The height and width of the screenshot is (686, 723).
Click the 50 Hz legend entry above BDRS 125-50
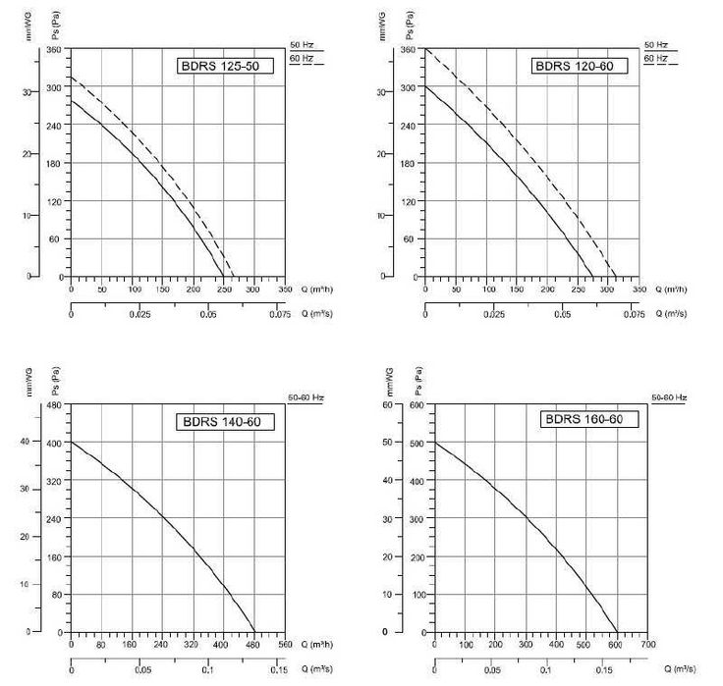pos(302,45)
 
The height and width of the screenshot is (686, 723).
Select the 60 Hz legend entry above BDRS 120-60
pos(655,59)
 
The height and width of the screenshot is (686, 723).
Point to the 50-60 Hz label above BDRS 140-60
pos(306,397)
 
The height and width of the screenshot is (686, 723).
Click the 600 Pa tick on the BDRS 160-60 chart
pos(415,405)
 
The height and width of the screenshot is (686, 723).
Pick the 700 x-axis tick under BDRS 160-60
pos(647,646)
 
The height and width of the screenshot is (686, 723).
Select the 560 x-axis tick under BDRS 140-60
pos(285,646)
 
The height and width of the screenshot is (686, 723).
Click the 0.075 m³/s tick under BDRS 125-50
pos(279,315)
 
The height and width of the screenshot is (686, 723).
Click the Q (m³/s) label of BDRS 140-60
pos(315,670)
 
